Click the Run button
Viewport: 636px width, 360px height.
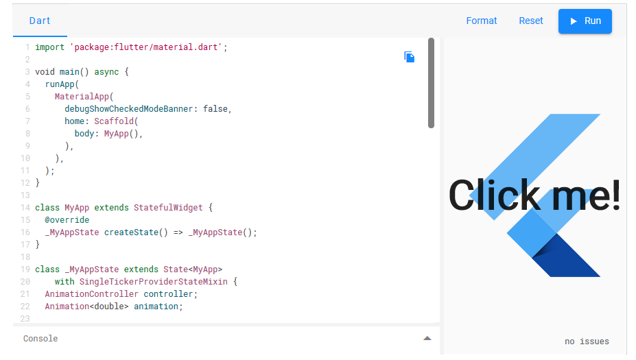tap(585, 21)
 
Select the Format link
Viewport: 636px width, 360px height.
tap(482, 21)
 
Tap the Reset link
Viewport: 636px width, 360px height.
tap(531, 21)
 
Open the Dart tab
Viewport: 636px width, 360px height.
tap(40, 21)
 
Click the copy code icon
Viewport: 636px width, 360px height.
tap(410, 57)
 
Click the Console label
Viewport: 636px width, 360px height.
tap(40, 339)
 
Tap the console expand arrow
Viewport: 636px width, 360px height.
tap(427, 338)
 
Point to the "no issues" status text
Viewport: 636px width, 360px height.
tap(587, 341)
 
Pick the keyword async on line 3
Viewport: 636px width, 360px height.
tap(104, 72)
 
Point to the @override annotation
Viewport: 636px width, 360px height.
tap(67, 220)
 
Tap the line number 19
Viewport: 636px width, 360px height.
tap(25, 269)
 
